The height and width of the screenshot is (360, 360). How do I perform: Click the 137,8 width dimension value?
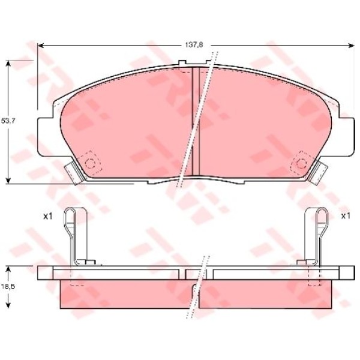[194, 45]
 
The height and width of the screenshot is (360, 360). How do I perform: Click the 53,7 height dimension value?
[8, 121]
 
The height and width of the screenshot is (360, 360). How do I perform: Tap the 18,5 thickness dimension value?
[8, 287]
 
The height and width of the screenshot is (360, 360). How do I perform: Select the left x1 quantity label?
[48, 216]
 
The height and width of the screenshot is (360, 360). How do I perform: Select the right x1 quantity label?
[346, 216]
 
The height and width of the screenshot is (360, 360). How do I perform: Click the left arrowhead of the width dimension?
[41, 46]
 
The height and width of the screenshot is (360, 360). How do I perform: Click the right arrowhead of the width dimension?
[351, 46]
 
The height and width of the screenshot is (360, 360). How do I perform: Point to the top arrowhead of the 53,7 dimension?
[8, 64]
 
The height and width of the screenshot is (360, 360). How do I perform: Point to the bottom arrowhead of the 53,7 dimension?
[8, 181]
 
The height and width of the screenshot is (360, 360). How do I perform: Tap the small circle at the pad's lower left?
[90, 163]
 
